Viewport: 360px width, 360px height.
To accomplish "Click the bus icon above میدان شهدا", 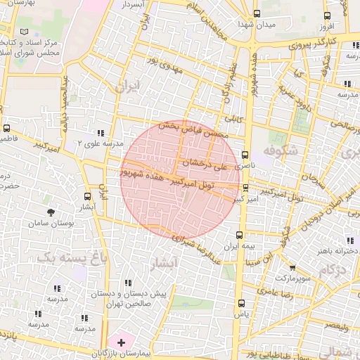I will pos(256,13).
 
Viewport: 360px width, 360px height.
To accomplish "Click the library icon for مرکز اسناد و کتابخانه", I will pos(26,32).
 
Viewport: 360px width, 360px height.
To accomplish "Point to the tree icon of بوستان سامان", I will pos(51,211).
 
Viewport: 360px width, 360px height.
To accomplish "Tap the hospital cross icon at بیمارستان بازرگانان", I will pos(122,342).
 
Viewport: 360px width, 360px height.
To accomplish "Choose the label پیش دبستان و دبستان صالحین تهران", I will pos(130,299).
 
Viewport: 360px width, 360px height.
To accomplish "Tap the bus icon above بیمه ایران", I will pos(239,236).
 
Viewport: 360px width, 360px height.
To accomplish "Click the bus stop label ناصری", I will pos(246,166).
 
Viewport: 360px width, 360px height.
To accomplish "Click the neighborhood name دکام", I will pos(333,270).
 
